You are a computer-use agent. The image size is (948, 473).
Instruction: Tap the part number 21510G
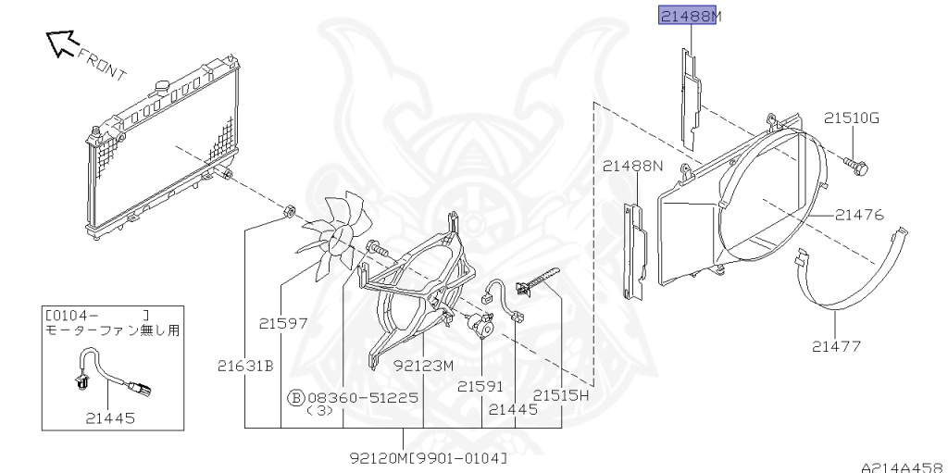pos(852,118)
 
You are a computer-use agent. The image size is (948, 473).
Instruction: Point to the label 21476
pos(859,214)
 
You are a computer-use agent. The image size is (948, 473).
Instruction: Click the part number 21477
pos(836,346)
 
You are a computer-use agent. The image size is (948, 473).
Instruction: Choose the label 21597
pos(283,324)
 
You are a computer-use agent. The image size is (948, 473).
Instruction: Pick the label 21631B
pos(246,366)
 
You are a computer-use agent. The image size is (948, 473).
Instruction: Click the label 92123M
pos(423,366)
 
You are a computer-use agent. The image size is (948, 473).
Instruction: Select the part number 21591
pos(480,386)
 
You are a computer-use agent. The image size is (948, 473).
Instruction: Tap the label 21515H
pos(560,395)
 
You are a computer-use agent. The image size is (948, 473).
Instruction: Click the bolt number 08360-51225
pos(363,397)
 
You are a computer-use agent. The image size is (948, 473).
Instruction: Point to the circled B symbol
pos(295,397)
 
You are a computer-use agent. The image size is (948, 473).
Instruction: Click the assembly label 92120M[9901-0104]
pos(429,458)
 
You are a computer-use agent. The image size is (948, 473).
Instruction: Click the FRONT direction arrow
pos(63,44)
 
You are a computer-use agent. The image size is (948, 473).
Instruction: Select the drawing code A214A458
pos(904,467)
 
